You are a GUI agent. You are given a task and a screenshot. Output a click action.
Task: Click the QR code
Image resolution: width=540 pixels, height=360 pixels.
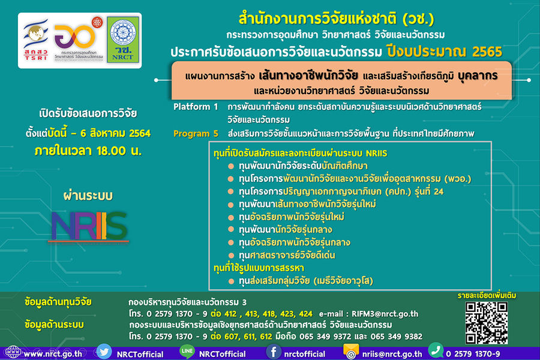486,322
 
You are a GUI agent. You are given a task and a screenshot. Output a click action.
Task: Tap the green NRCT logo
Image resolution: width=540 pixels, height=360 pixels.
122,40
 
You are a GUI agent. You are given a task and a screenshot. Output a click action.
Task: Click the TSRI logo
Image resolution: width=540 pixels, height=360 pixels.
35,40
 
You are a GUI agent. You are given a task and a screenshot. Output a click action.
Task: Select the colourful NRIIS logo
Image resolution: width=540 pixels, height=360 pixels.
89,226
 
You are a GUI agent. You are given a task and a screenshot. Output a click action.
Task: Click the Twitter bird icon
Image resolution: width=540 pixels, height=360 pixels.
104,352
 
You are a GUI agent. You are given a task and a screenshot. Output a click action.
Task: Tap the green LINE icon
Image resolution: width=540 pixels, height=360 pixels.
187,352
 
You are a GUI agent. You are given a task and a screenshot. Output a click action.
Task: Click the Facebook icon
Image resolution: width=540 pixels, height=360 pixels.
274,352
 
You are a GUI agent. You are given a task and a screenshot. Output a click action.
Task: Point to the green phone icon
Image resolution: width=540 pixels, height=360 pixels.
436,350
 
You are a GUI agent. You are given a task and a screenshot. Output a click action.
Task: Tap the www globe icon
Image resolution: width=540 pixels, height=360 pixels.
13,353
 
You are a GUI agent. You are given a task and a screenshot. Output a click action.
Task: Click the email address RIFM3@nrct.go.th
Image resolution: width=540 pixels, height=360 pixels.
385,314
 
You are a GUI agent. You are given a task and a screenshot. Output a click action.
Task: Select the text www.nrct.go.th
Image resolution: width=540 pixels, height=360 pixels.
53,354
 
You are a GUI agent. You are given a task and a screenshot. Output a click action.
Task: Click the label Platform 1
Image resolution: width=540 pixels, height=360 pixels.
196,107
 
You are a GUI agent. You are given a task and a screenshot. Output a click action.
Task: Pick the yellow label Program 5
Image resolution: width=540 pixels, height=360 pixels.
196,134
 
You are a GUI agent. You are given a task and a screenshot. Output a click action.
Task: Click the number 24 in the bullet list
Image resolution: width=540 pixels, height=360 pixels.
439,191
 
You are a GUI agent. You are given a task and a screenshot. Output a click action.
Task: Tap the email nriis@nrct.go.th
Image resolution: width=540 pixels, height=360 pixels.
392,354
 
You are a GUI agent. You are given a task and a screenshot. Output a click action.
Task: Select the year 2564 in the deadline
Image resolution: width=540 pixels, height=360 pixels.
140,133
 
